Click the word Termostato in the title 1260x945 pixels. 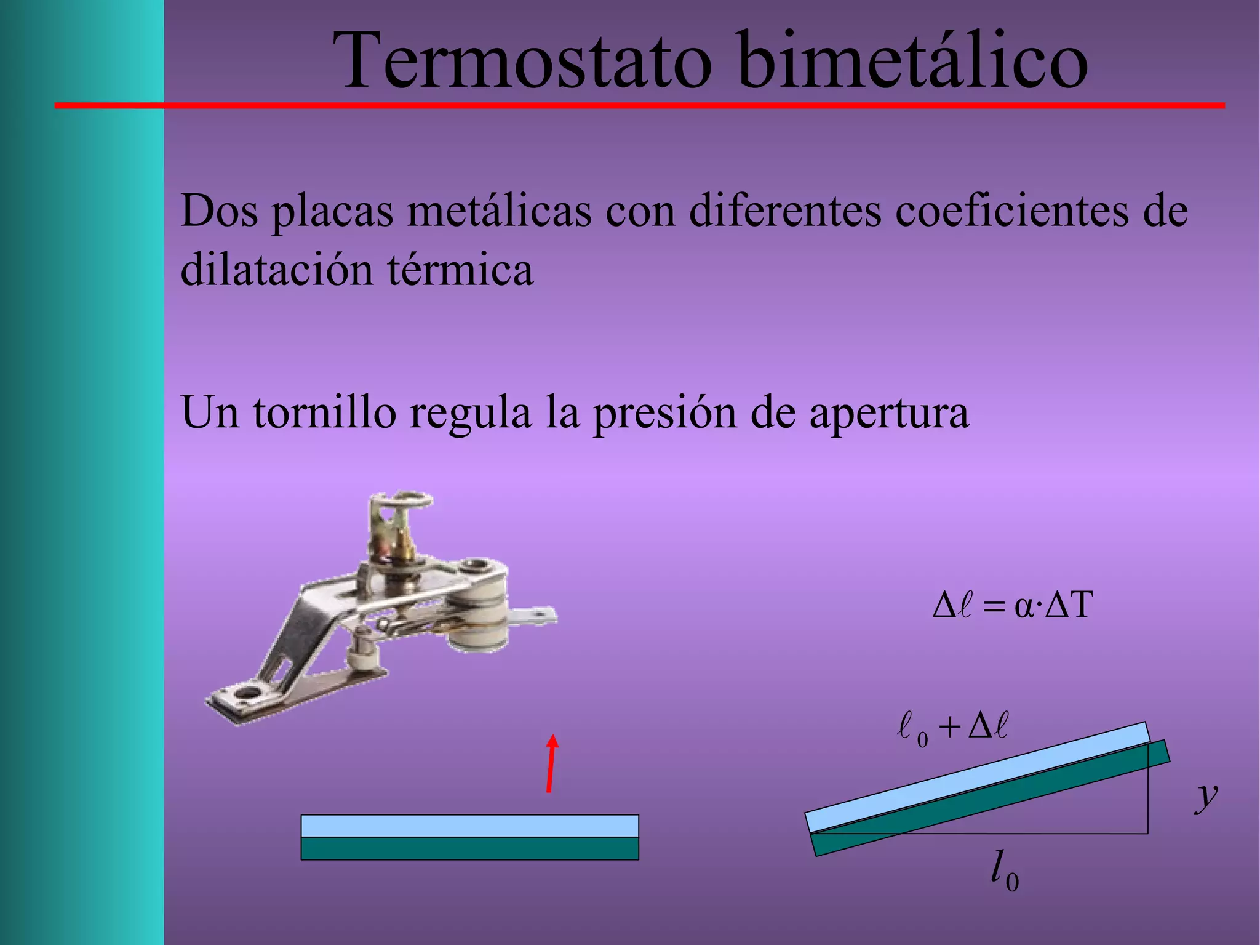pyautogui.click(x=523, y=62)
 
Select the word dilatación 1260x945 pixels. pyautogui.click(x=277, y=270)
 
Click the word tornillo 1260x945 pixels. pyautogui.click(x=324, y=412)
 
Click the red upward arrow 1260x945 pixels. pyautogui.click(x=551, y=763)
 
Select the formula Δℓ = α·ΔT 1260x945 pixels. pyautogui.click(x=1013, y=605)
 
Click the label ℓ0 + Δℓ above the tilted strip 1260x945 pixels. pyautogui.click(x=952, y=728)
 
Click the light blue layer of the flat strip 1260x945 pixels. pyautogui.click(x=469, y=826)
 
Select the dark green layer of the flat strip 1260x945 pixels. pyautogui.click(x=469, y=848)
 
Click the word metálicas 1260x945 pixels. pyautogui.click(x=500, y=211)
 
